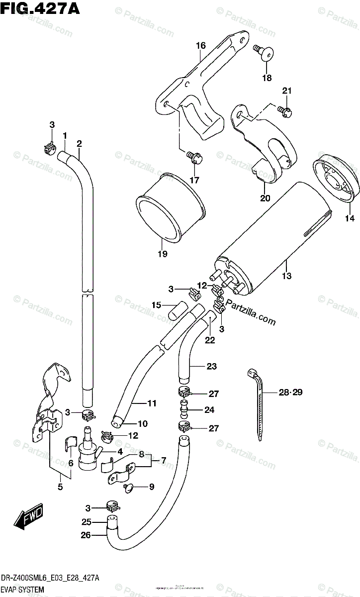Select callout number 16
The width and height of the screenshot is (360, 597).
pos(200,46)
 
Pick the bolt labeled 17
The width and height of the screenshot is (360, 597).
pos(193,158)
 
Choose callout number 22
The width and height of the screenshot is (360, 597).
pos(209,340)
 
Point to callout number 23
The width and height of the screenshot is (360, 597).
pos(212,367)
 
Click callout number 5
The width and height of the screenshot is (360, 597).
pos(60,487)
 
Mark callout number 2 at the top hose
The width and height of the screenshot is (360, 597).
pos(79,144)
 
